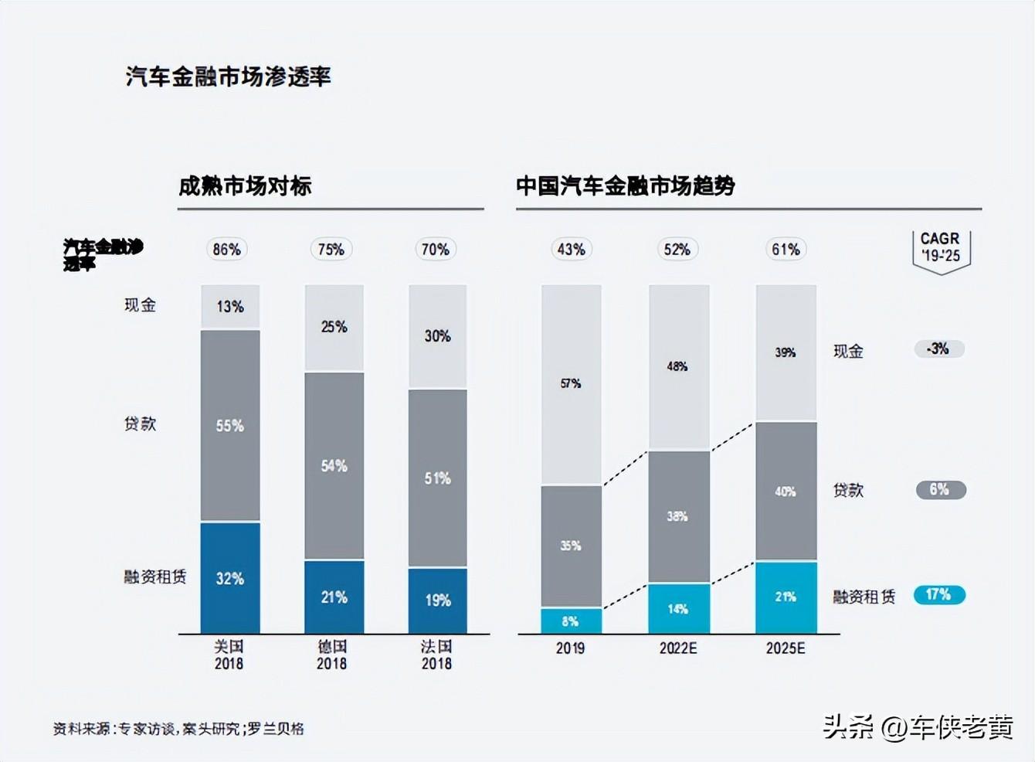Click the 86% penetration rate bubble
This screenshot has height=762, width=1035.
227,250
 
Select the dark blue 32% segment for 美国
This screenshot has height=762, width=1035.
230,578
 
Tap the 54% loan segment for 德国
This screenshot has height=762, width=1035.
334,466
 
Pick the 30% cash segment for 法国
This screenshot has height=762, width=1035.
437,336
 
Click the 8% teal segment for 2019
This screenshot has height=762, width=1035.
571,621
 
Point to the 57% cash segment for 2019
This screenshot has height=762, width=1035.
571,383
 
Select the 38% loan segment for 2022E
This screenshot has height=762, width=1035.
677,516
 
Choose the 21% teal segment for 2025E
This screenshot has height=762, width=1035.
786,597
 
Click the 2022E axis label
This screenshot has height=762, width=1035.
677,648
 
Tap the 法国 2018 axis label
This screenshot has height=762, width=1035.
436,655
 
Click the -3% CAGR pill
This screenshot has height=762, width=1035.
938,349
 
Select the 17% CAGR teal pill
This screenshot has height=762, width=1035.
938,594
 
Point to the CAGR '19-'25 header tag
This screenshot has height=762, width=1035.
940,247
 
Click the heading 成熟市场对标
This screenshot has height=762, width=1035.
245,186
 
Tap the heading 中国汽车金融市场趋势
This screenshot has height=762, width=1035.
625,186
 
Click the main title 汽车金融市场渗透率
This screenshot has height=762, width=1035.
228,77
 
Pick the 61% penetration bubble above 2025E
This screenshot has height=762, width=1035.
786,250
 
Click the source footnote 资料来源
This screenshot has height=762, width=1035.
178,729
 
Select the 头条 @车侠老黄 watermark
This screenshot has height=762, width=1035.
917,727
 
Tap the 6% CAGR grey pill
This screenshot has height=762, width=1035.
939,489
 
